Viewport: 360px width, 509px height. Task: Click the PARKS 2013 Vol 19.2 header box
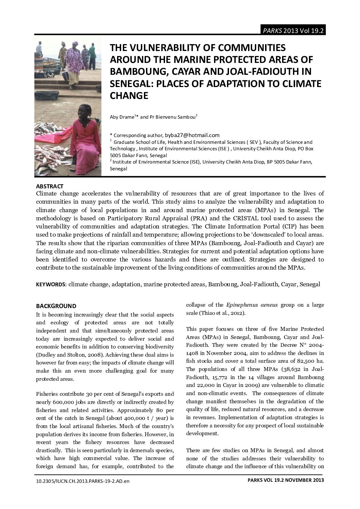tap(293, 31)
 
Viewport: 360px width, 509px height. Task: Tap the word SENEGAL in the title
tap(131, 84)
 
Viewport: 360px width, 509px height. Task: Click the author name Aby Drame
tap(122, 117)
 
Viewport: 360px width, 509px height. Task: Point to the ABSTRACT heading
tap(50, 186)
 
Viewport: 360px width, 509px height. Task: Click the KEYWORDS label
tap(51, 284)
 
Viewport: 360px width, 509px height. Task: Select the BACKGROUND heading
tap(56, 306)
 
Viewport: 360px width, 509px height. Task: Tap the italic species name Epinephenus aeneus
tap(252, 305)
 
